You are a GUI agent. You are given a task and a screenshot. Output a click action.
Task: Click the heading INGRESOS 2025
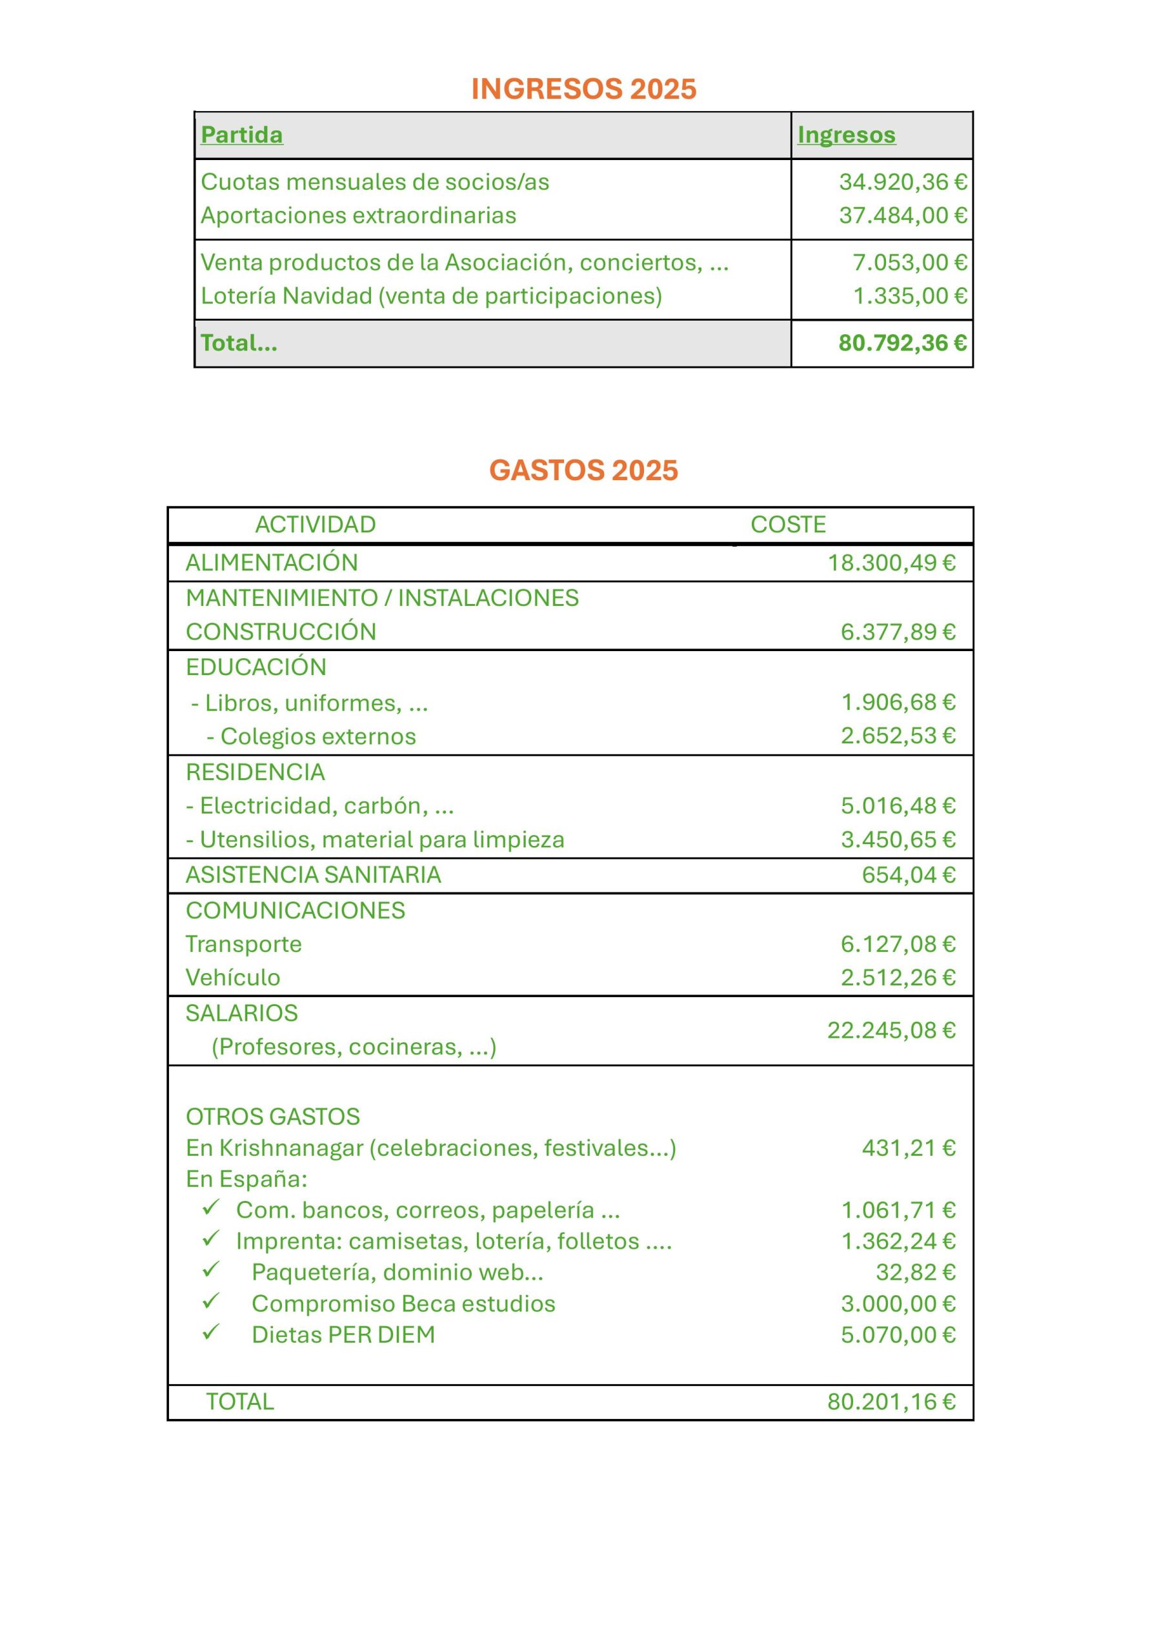tap(583, 89)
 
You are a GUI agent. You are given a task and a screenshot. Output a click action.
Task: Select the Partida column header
tap(241, 135)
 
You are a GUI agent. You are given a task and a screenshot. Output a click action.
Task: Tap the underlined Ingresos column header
tap(846, 135)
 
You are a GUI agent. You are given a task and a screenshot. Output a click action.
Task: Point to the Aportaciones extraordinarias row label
tap(358, 216)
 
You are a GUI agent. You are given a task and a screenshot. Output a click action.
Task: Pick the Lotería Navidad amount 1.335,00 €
tap(910, 296)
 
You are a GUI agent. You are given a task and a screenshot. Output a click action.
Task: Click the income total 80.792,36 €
tap(902, 343)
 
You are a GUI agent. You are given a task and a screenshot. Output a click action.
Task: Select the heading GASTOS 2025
tap(583, 470)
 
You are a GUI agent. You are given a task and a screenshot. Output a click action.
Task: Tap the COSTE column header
tap(788, 525)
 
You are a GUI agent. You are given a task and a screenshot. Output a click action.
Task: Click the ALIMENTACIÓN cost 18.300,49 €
tap(891, 563)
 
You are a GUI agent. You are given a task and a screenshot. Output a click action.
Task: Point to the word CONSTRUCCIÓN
tap(281, 632)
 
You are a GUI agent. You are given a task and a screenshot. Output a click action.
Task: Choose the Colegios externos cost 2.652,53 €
tap(898, 736)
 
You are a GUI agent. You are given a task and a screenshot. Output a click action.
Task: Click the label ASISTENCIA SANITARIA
tap(313, 875)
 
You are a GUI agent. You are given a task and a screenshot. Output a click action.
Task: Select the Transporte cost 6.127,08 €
tap(898, 944)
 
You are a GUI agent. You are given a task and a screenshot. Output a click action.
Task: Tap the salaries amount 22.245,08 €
tap(891, 1031)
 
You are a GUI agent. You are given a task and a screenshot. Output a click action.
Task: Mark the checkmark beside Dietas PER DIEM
tap(210, 1333)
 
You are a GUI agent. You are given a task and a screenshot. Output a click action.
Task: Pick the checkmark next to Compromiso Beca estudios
tap(210, 1302)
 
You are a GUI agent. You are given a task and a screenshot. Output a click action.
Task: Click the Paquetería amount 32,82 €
tap(916, 1272)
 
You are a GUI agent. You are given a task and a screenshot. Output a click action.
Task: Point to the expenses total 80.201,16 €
tap(891, 1402)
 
